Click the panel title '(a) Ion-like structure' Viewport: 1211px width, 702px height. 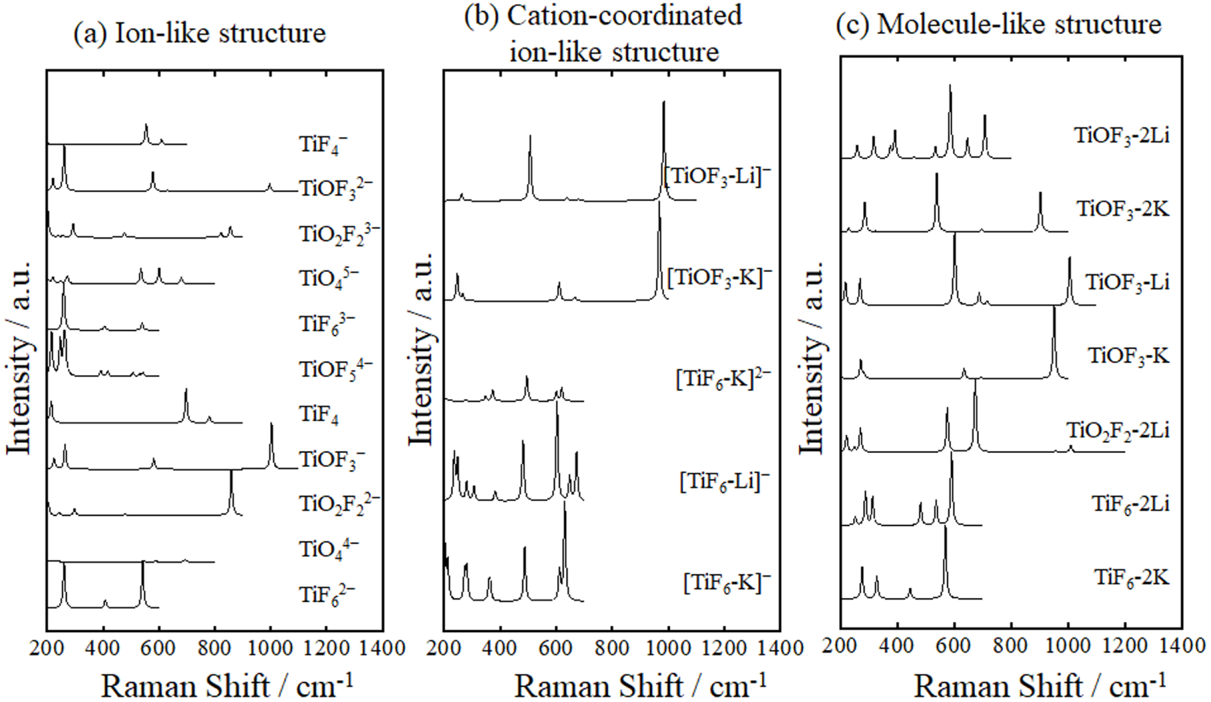click(x=200, y=33)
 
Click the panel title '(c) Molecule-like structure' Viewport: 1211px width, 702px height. click(x=998, y=25)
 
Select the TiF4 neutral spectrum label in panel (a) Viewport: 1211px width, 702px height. click(x=319, y=414)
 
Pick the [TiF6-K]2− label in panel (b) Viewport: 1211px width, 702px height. click(x=723, y=380)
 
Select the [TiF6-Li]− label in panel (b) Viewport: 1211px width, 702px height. click(x=724, y=481)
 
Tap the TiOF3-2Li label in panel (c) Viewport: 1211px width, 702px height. click(x=1122, y=136)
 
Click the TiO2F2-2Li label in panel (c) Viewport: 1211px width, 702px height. click(x=1118, y=430)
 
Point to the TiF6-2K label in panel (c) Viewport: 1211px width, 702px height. click(x=1131, y=577)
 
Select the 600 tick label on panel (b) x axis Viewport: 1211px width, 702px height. click(x=555, y=647)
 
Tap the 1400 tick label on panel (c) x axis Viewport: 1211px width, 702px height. click(x=1182, y=645)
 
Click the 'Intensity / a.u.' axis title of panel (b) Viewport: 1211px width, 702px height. click(x=421, y=350)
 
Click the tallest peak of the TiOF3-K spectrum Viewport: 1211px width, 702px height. click(x=1054, y=310)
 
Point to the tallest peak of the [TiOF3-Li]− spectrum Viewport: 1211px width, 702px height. click(x=663, y=103)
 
